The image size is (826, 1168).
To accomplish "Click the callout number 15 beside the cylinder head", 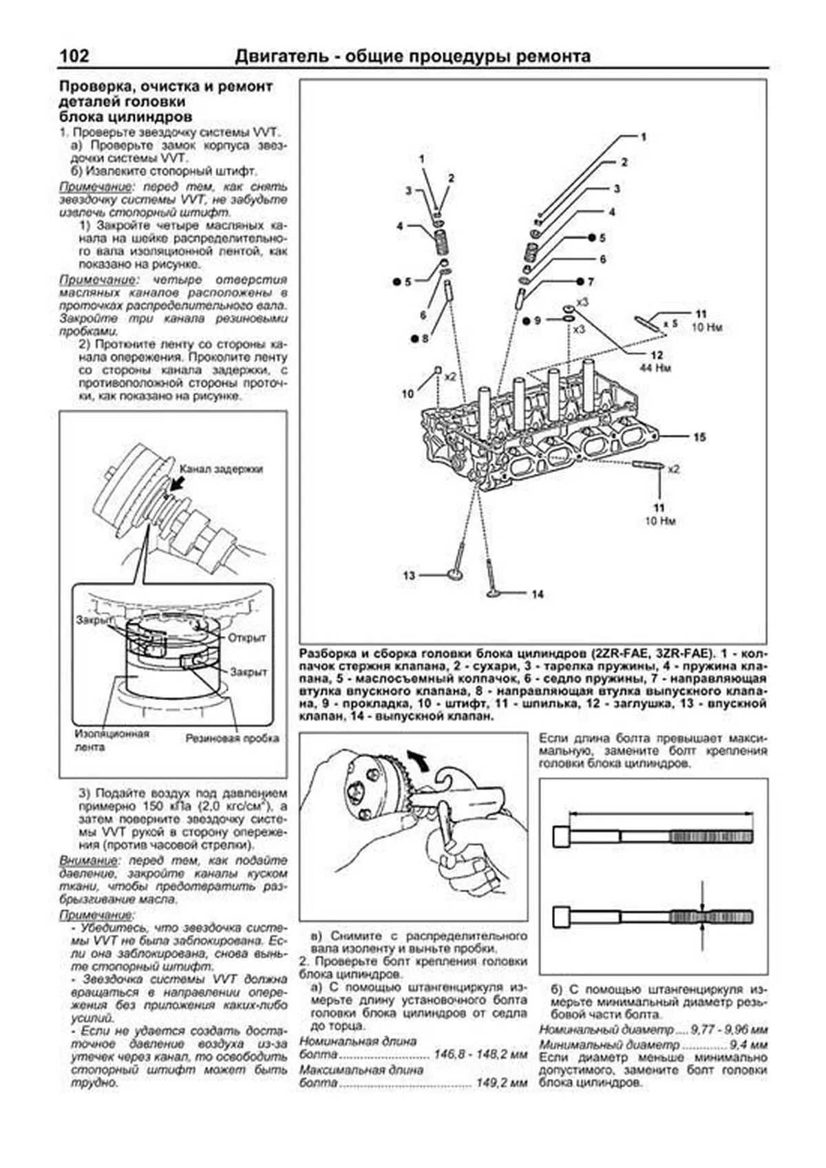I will pos(699,437).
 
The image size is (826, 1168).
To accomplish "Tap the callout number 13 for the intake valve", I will pos(410,575).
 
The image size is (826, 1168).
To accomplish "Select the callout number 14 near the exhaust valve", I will pos(538,594).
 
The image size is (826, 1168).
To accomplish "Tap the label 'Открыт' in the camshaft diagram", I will pos(246,637).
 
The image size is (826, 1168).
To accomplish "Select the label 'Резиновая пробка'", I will pos(232,739).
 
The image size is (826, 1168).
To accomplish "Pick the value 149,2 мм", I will pos(502,1083).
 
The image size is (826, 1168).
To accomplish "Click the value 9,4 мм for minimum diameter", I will pos(748,1045).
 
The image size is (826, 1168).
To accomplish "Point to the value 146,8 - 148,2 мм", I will pos(480,1054).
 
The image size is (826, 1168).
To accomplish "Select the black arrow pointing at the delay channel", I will pos(178,484).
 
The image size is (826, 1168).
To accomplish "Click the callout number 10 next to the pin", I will pos(408,394).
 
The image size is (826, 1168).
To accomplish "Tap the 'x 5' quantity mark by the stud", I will pos(670,322).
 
